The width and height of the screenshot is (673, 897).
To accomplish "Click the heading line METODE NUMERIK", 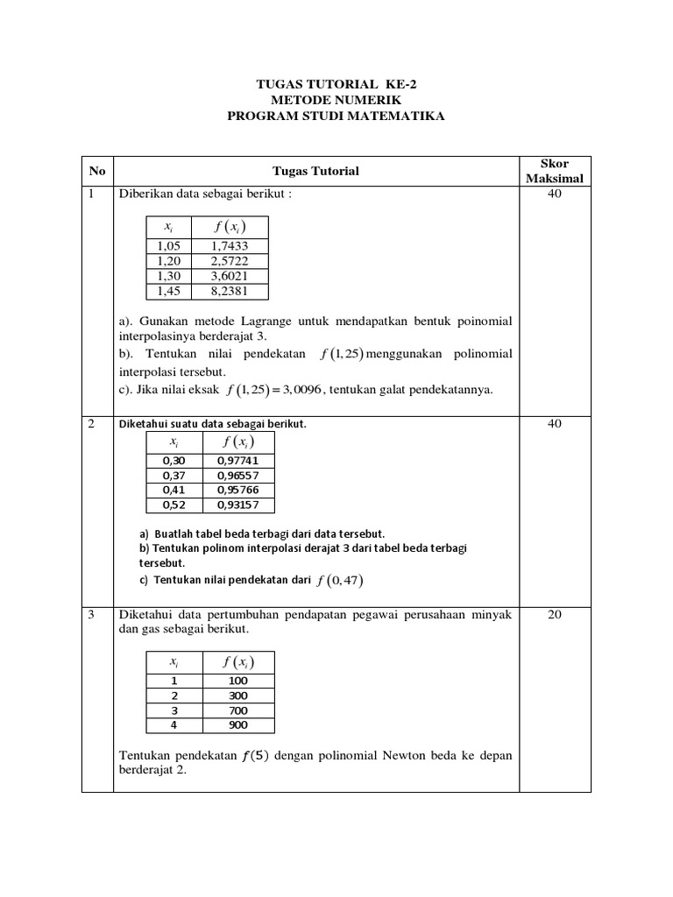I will (336, 100).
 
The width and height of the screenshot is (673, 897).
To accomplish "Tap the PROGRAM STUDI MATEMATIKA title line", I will (336, 116).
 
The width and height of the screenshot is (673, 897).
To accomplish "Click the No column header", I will (97, 172).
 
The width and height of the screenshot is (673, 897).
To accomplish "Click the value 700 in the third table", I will (237, 710).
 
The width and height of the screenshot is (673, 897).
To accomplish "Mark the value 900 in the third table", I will (237, 724).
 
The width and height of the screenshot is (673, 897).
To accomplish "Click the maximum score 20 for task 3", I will (554, 615).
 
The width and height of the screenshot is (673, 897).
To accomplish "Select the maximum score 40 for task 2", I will (554, 423).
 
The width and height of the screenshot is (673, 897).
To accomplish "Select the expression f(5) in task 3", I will (254, 755).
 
